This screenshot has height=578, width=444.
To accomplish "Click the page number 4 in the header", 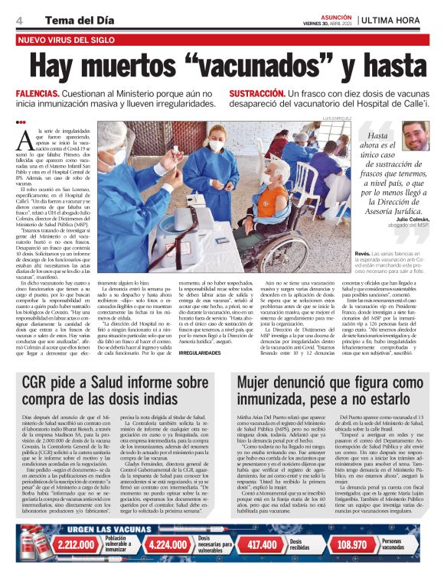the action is click(18, 19).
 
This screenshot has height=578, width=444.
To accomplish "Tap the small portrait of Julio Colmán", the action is click(413, 136).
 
